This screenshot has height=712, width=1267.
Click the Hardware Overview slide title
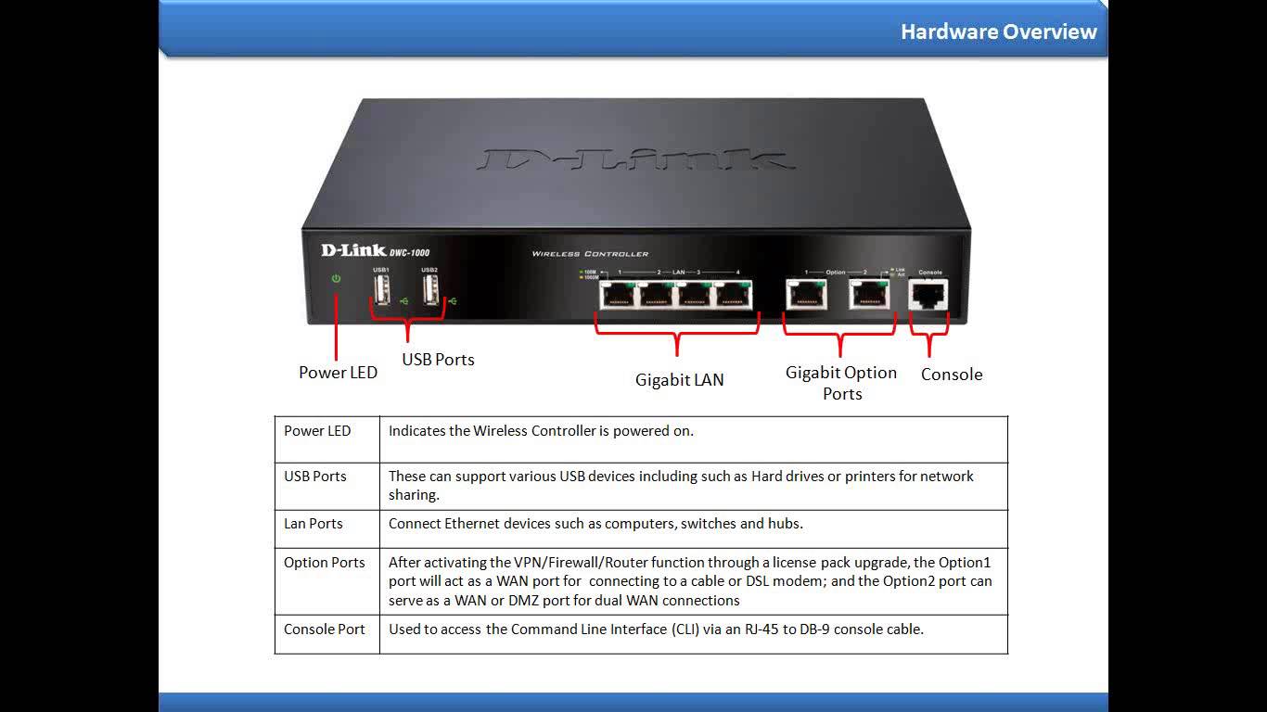click(x=998, y=32)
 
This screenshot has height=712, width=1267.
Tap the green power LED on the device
click(x=336, y=278)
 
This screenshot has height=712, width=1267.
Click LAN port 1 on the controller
click(x=616, y=296)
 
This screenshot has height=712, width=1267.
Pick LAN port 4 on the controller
click(x=733, y=296)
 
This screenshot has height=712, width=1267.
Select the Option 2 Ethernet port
click(x=868, y=296)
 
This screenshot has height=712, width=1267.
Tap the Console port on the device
click(x=929, y=295)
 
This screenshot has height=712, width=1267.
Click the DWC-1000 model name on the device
click(x=408, y=252)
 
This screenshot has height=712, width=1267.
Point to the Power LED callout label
click(x=338, y=373)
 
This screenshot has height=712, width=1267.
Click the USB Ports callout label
click(x=438, y=360)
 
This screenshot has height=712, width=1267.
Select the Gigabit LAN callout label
click(x=679, y=380)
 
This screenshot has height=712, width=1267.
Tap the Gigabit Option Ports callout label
click(x=841, y=383)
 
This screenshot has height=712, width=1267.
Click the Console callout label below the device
click(x=951, y=375)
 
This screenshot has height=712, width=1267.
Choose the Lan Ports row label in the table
click(x=314, y=524)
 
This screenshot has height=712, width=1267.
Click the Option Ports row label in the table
click(x=325, y=563)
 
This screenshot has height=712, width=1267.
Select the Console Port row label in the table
click(x=325, y=629)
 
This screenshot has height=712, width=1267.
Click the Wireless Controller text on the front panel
click(x=590, y=254)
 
